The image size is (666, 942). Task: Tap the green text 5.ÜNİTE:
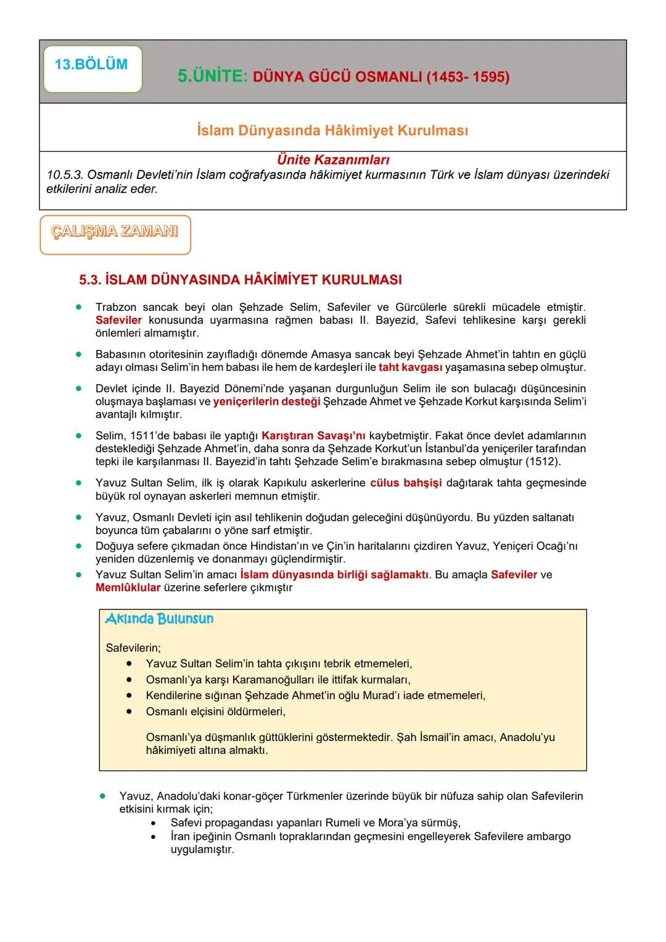point(212,76)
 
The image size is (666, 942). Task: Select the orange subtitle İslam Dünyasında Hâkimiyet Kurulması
point(332,130)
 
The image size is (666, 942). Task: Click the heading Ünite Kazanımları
point(333,160)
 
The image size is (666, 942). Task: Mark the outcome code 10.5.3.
point(65,175)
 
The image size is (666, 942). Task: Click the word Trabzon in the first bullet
point(115,307)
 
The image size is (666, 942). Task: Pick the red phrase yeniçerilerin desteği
point(266,402)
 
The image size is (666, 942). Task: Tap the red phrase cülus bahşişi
point(406,483)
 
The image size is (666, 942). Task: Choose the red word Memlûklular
point(128,588)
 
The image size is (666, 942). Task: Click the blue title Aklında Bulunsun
point(159,619)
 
